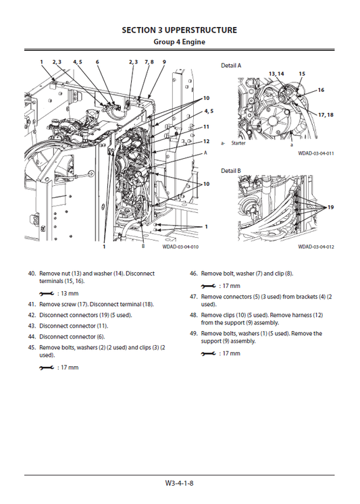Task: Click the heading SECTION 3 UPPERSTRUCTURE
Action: point(179,30)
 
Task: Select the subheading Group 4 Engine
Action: point(180,42)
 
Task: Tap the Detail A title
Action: point(231,66)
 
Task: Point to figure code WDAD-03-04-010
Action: point(180,247)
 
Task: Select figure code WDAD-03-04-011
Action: point(316,153)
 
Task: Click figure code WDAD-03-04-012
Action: point(316,247)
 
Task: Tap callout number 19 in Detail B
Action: point(331,207)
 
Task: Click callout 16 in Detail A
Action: point(321,90)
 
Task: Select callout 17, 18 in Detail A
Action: point(326,115)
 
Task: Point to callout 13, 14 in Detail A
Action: point(276,73)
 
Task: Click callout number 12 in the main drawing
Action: point(206,141)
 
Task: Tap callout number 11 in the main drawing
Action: point(206,126)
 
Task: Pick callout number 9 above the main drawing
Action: point(164,61)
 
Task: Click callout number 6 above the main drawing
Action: point(97,61)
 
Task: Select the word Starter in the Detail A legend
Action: point(238,143)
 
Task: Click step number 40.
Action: point(32,274)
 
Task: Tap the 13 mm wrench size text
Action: point(68,294)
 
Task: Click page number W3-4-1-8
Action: point(180,483)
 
